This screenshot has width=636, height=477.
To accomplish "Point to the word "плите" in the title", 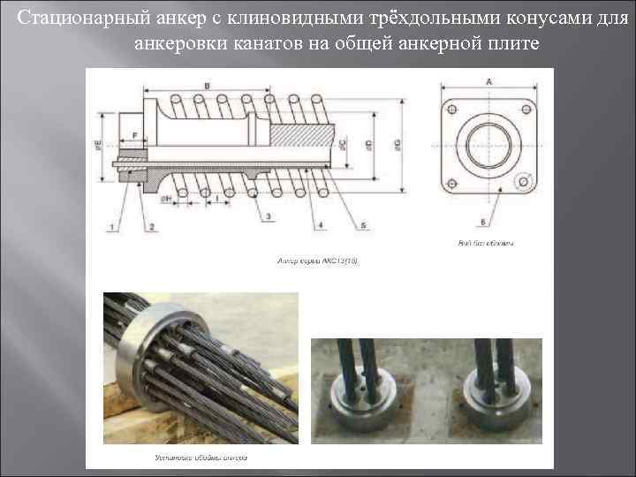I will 511,42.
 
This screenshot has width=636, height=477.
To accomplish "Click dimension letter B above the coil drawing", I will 207,85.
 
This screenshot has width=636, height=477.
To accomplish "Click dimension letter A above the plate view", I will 488,81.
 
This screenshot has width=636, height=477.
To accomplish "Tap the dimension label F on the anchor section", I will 133,135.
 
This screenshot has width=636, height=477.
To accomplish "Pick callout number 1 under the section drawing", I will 112,227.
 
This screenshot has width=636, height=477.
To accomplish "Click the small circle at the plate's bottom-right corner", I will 525,181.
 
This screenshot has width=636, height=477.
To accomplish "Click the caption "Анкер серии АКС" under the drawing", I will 318,261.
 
